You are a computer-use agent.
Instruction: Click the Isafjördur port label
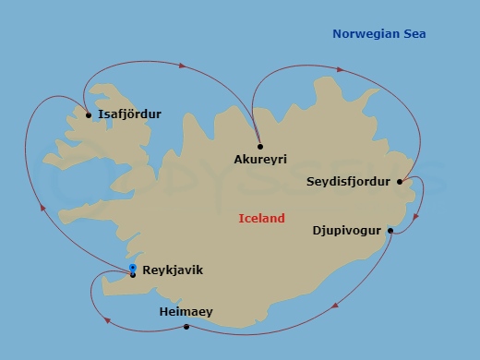pyautogui.click(x=129, y=114)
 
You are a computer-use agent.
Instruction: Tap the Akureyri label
pyautogui.click(x=260, y=160)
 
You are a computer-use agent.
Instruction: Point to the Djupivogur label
pyautogui.click(x=347, y=231)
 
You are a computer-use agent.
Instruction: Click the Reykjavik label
pyautogui.click(x=173, y=270)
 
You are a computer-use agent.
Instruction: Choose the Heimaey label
pyautogui.click(x=186, y=312)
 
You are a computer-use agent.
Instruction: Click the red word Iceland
pyautogui.click(x=261, y=219)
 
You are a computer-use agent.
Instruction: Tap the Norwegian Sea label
pyautogui.click(x=378, y=34)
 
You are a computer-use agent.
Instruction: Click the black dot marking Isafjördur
pyautogui.click(x=89, y=115)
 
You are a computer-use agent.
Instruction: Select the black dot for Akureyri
pyautogui.click(x=260, y=146)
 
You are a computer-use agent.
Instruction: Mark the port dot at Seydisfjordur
pyautogui.click(x=400, y=182)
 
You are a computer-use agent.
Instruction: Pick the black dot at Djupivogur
pyautogui.click(x=390, y=231)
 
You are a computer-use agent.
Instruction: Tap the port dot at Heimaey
pyautogui.click(x=186, y=327)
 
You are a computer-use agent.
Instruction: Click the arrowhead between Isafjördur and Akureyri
pyautogui.click(x=183, y=66)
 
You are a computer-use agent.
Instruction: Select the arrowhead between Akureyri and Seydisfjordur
pyautogui.click(x=341, y=69)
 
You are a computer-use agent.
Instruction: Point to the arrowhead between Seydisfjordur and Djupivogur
pyautogui.click(x=416, y=218)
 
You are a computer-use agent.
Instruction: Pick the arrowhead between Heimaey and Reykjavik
pyautogui.click(x=108, y=320)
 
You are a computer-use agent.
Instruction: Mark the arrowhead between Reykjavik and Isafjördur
pyautogui.click(x=42, y=209)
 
